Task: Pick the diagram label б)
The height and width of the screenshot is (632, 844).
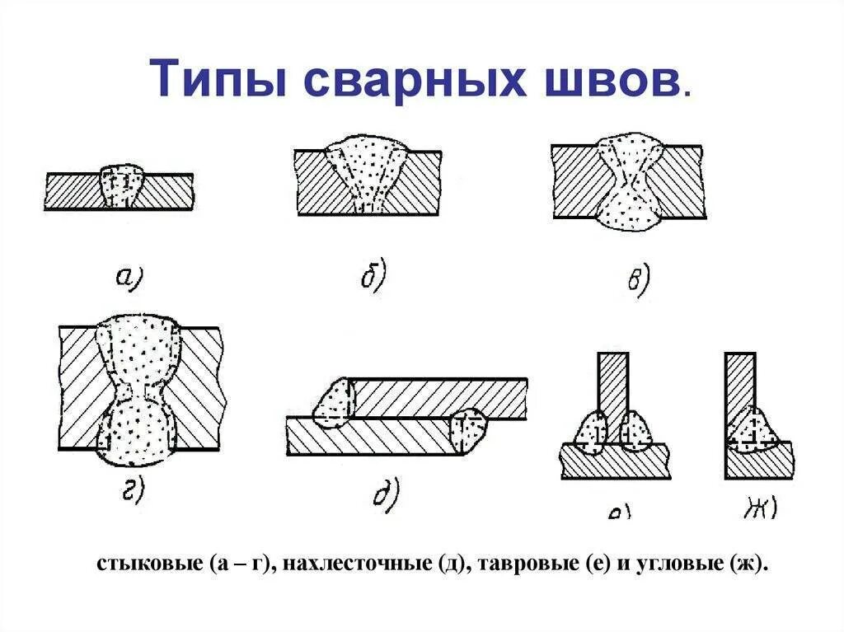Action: (x=373, y=277)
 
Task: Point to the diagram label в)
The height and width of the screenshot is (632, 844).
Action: (x=638, y=279)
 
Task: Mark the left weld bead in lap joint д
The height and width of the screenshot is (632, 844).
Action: (x=336, y=404)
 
